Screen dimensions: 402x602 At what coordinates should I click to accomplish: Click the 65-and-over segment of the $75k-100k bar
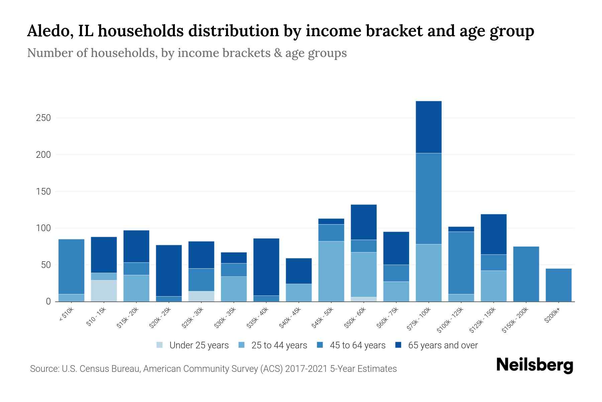coord(428,127)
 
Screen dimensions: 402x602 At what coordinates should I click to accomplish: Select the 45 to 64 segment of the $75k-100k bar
coord(428,198)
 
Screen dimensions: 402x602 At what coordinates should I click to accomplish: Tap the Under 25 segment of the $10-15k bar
coord(104,291)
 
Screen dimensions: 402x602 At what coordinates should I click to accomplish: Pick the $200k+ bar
coord(558,285)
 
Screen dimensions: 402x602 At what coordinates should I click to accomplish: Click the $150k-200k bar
coord(526,274)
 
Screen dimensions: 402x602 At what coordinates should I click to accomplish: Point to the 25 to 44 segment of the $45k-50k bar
coord(331,271)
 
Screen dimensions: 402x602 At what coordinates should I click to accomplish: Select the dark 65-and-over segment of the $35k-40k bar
coord(266,267)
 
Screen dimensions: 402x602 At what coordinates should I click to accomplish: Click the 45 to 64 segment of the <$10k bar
coord(71,266)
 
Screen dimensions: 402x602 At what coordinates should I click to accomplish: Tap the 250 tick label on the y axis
coord(43,118)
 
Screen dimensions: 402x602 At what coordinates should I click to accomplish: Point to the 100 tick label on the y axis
coord(43,228)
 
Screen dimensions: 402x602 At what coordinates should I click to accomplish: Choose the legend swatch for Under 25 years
coord(160,345)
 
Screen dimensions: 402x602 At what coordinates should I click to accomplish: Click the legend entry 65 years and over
coord(442,345)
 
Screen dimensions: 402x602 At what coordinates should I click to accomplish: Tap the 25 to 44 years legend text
coord(279,345)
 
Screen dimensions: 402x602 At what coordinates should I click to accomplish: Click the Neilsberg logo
coord(534,365)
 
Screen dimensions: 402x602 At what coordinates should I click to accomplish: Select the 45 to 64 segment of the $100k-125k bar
coord(461,263)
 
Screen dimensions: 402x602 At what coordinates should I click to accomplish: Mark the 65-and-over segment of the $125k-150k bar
coord(493,234)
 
